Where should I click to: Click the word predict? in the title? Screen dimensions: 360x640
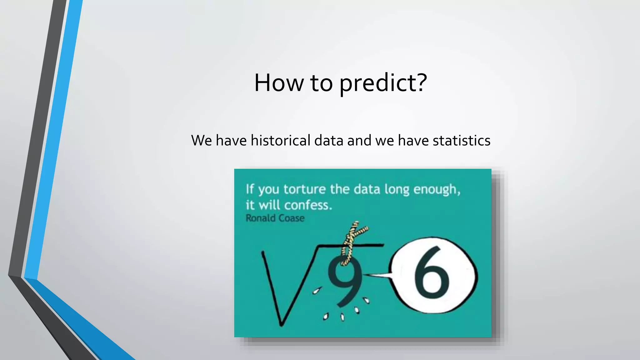[383, 83]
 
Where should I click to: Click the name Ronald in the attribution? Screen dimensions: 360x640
[260, 218]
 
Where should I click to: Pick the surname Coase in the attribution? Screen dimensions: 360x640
[291, 218]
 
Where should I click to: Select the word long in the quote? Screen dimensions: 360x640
[397, 189]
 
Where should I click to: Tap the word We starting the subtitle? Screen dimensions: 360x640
[202, 140]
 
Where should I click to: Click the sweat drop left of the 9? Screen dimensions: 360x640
[317, 291]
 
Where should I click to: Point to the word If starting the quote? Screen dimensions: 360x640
[250, 189]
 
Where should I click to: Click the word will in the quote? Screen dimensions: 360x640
[270, 205]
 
